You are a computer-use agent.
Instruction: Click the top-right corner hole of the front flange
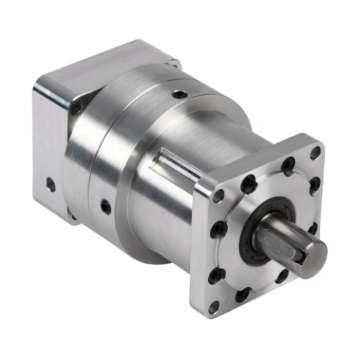pyautogui.click(x=315, y=153)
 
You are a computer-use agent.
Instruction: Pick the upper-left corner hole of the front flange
pyautogui.click(x=219, y=196)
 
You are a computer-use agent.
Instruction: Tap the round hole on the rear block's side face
pyautogui.click(x=50, y=185)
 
